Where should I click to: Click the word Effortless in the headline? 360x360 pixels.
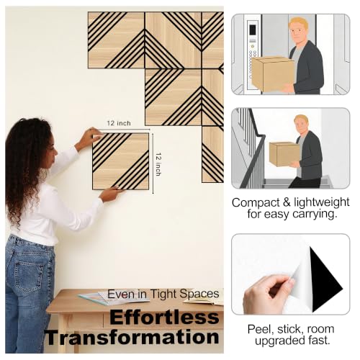tap(165, 318)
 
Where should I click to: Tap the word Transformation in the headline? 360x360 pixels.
tap(132, 337)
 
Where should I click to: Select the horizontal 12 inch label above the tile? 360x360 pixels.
tap(119, 123)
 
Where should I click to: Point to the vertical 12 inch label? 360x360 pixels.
tap(158, 164)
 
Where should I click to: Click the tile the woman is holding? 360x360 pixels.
tap(121, 161)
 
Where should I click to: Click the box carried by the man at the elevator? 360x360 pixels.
tap(272, 73)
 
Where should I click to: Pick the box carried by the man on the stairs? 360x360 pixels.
tap(284, 154)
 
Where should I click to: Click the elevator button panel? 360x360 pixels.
tap(253, 55)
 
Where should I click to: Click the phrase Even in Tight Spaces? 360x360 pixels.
tap(163, 294)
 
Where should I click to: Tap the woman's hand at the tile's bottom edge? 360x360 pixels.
tap(112, 194)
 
